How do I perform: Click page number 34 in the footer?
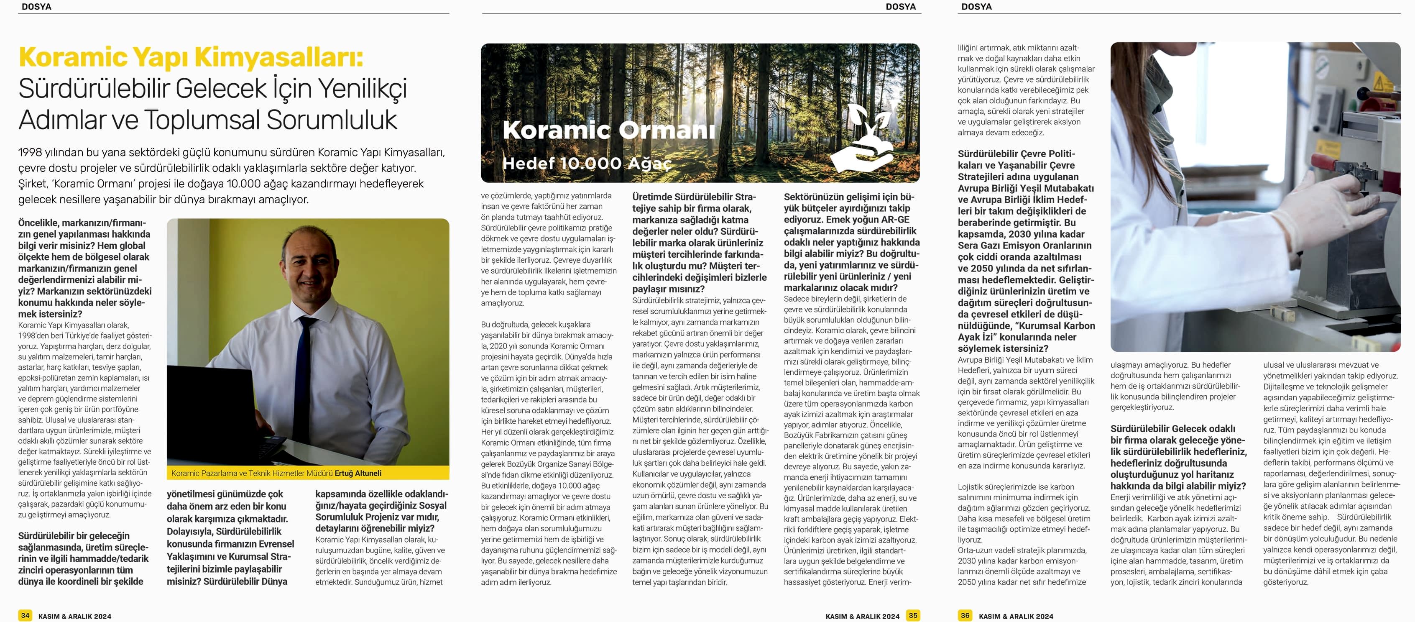25,615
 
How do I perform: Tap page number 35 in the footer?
913,615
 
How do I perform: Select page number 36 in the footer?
965,615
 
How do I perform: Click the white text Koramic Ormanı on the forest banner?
609,130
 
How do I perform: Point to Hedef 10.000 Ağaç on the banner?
587,163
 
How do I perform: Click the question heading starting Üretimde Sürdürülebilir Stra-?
694,197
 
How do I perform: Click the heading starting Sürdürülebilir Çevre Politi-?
1016,154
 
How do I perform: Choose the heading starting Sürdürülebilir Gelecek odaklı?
1172,429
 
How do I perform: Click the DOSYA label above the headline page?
36,7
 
